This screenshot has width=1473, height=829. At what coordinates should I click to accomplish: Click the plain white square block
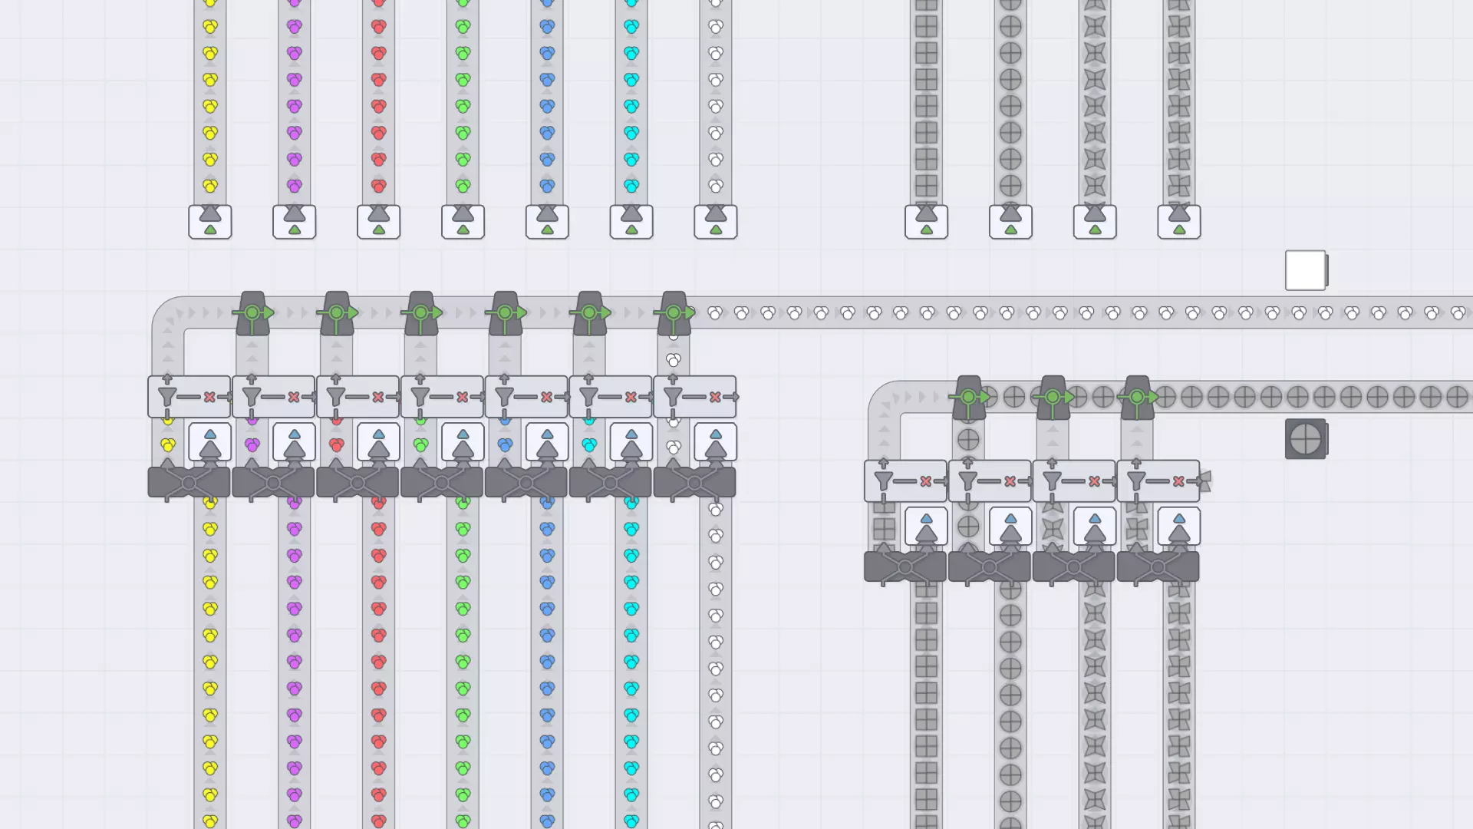pos(1305,270)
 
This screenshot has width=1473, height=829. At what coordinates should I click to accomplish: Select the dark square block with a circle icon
pos(1305,439)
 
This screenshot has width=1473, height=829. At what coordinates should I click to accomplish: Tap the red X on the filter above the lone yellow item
pos(209,397)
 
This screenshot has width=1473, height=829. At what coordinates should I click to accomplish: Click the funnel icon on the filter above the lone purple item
pos(252,397)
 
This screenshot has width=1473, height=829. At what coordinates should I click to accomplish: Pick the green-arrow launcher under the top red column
pos(378,221)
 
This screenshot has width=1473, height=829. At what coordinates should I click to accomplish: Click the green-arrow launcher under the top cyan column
pos(631,221)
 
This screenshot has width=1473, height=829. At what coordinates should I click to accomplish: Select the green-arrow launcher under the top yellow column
pos(209,221)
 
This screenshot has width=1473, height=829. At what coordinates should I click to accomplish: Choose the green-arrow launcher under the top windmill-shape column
pos(1179,221)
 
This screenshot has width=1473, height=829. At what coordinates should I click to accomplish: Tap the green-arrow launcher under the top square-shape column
pos(926,221)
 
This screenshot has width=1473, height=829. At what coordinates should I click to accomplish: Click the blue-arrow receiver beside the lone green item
pos(463,442)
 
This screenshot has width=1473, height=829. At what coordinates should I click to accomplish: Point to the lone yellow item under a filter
pos(168,444)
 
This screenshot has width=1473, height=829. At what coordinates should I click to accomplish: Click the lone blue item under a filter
pos(505,444)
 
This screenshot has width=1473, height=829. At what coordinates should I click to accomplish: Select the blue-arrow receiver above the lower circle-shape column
pos(1010,527)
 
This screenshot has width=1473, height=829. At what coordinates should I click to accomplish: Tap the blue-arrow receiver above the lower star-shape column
pos(1095,527)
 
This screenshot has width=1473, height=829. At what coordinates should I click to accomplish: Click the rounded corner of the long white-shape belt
pos(168,313)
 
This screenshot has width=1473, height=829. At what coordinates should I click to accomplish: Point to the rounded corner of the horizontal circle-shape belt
pos(885,398)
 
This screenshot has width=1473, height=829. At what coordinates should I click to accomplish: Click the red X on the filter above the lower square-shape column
pos(926,481)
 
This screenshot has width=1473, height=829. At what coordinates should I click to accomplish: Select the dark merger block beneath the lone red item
pos(358,483)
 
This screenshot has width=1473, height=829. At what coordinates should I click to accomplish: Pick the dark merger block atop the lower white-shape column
pos(694,483)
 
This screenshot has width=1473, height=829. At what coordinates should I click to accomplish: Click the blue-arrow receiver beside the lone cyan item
pos(631,442)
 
